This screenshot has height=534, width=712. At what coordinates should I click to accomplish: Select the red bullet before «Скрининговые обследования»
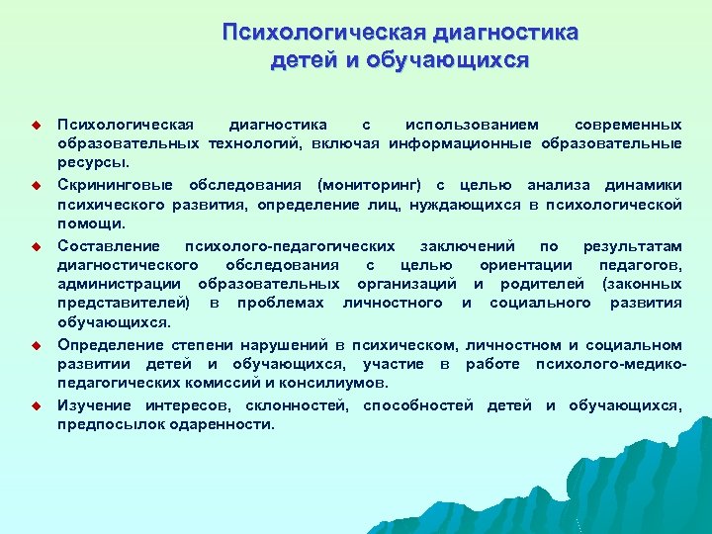point(33,186)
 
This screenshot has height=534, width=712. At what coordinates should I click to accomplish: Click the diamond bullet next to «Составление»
point(33,246)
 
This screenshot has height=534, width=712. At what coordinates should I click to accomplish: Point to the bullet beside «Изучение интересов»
point(33,405)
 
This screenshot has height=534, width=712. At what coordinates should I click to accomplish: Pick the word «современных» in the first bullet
point(628,125)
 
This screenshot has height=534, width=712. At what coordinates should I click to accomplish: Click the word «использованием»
point(473,125)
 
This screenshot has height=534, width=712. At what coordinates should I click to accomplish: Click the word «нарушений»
point(284,345)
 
